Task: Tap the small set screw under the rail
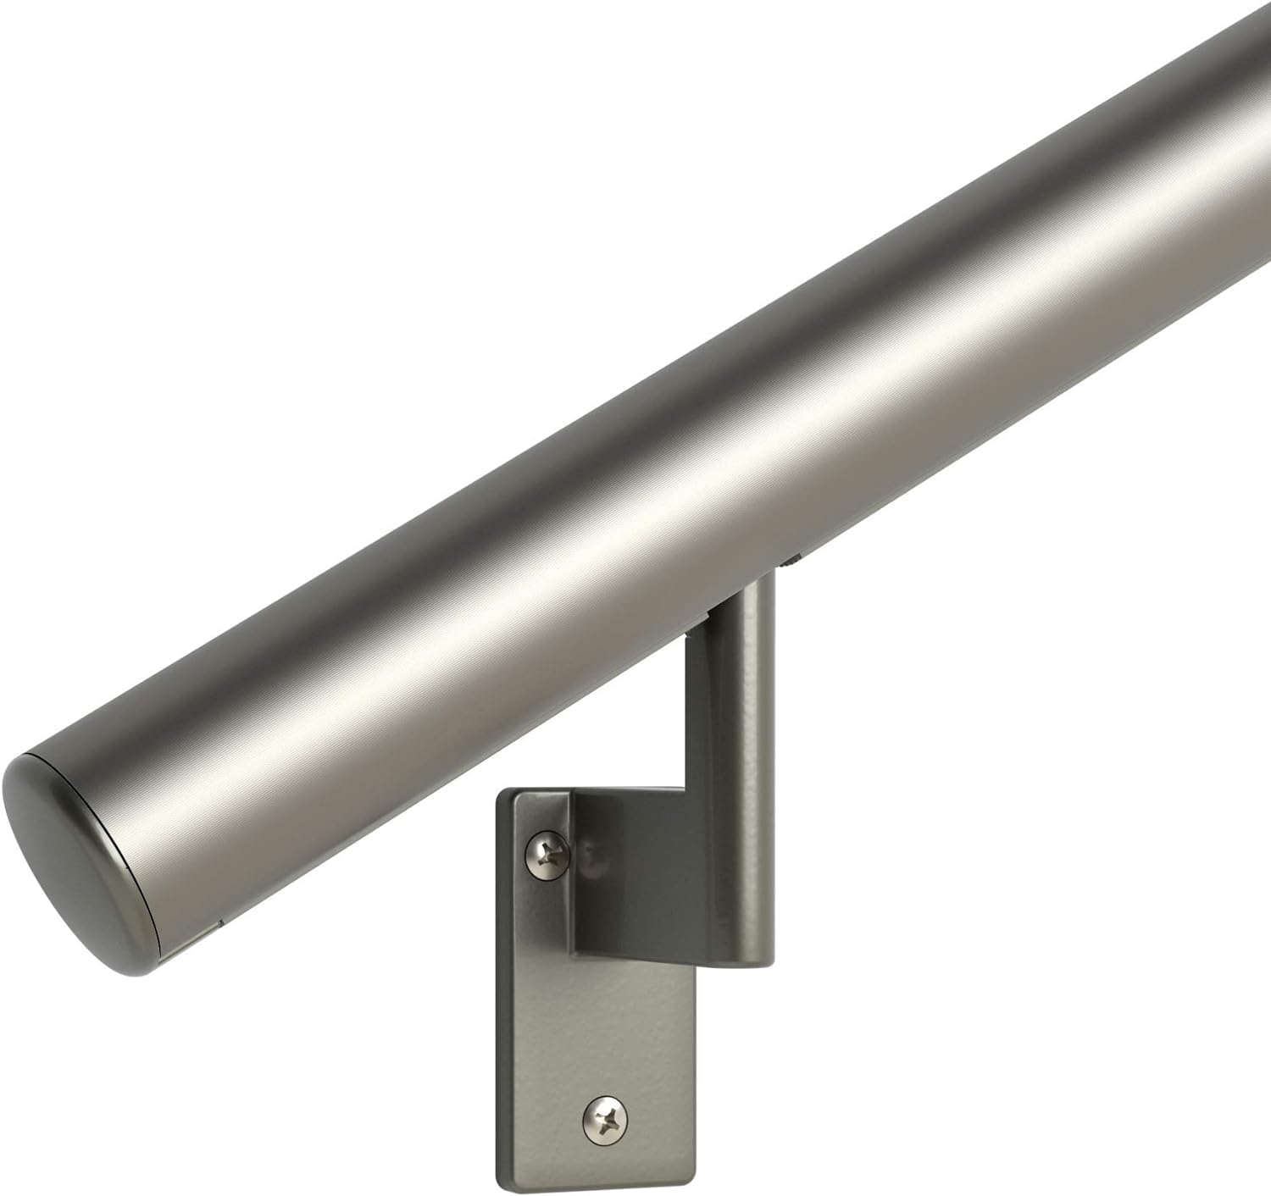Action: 794,559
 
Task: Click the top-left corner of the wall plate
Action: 502,795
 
